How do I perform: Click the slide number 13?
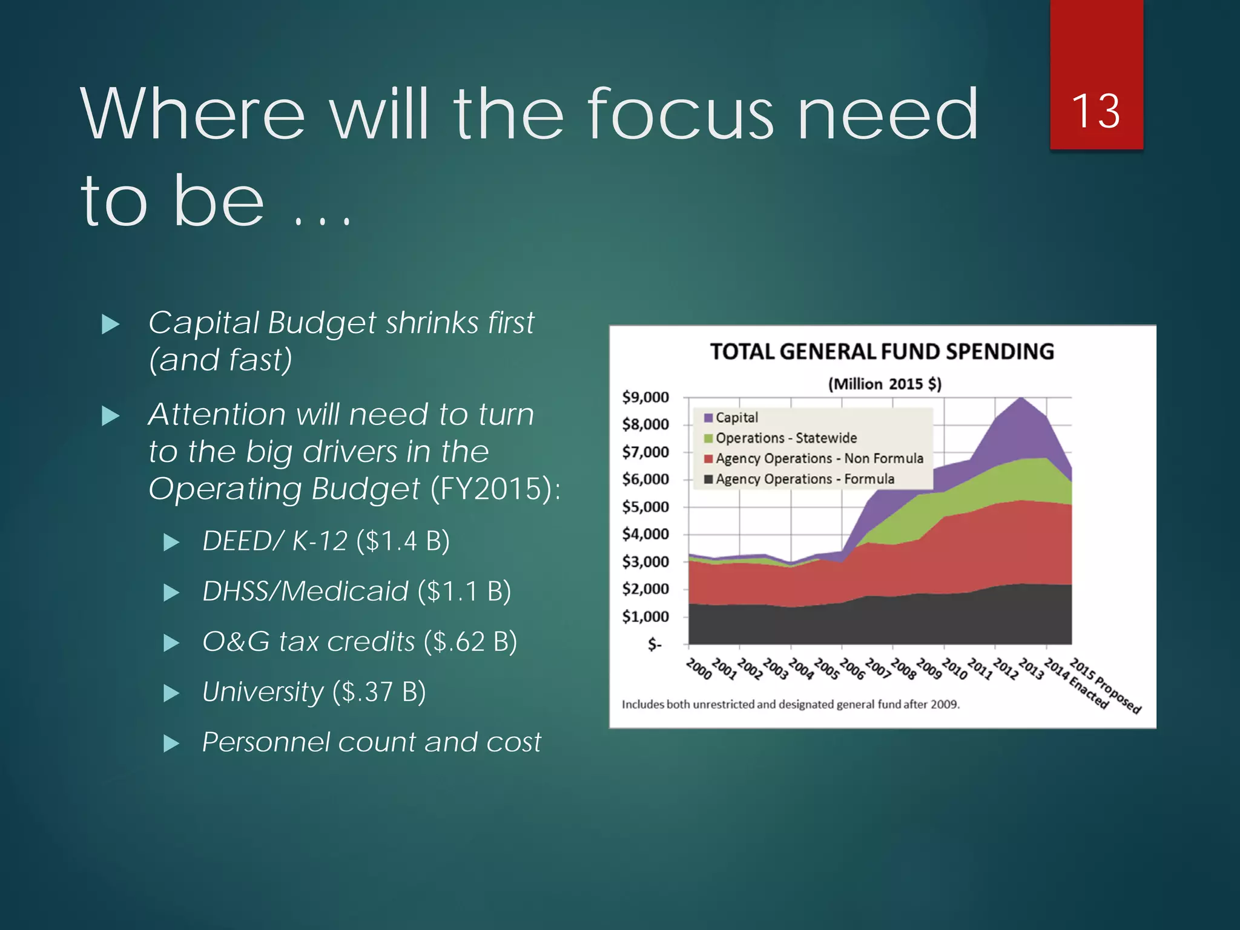tap(1095, 111)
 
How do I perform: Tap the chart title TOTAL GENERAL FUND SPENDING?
tap(882, 352)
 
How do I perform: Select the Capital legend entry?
tap(736, 418)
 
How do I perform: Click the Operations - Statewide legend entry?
tap(785, 438)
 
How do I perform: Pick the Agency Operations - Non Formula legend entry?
tap(819, 459)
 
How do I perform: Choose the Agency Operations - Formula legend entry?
tap(804, 480)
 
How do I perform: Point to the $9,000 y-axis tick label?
tap(645, 398)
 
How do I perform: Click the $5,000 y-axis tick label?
tap(645, 507)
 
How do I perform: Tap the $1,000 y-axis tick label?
tap(645, 617)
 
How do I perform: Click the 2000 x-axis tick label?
tap(699, 670)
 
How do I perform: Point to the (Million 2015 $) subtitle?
tap(884, 384)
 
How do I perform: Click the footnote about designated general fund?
tap(791, 705)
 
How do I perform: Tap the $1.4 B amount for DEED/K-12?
tap(403, 541)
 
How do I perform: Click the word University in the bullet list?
tap(263, 692)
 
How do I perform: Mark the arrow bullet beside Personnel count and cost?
tap(171, 743)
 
